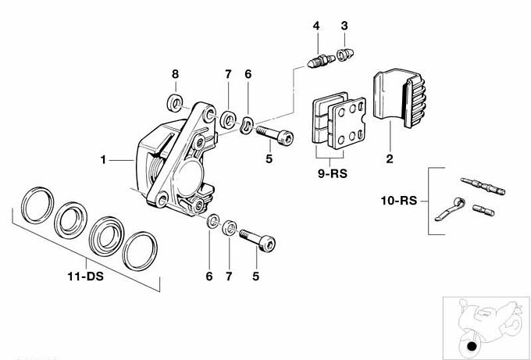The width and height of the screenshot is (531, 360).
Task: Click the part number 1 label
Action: coord(103,160)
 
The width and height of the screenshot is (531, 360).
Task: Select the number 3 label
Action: coord(344,27)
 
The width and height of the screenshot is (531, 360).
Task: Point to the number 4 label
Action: coord(316,27)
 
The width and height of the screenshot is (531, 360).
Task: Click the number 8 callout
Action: coord(175,74)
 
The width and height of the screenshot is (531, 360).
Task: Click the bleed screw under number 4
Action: coord(318,59)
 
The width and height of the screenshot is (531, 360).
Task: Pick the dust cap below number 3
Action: coord(343,55)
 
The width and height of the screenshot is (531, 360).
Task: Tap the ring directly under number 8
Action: coord(176,101)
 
